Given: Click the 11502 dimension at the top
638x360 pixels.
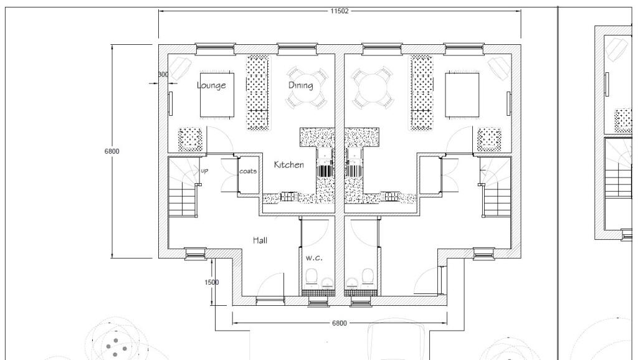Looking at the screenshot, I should point(340,11).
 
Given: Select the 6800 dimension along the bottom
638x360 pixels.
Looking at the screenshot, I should point(339,323).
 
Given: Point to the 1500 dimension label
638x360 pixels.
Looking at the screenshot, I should point(212,282).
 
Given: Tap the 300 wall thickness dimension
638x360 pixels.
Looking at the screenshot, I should point(163,75).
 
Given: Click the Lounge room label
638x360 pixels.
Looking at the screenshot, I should point(211,85).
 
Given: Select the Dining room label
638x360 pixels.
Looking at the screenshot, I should point(300,85).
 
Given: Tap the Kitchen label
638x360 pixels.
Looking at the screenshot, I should point(289,165).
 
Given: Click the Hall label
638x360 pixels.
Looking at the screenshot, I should point(260,240).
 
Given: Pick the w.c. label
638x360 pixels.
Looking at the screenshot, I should point(313,257).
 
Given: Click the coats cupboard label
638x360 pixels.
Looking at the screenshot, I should point(248,171).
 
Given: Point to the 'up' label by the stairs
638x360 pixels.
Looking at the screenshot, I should point(204,169).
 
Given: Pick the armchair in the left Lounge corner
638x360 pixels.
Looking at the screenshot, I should point(181,66).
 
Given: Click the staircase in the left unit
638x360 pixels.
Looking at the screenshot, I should point(183,190).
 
